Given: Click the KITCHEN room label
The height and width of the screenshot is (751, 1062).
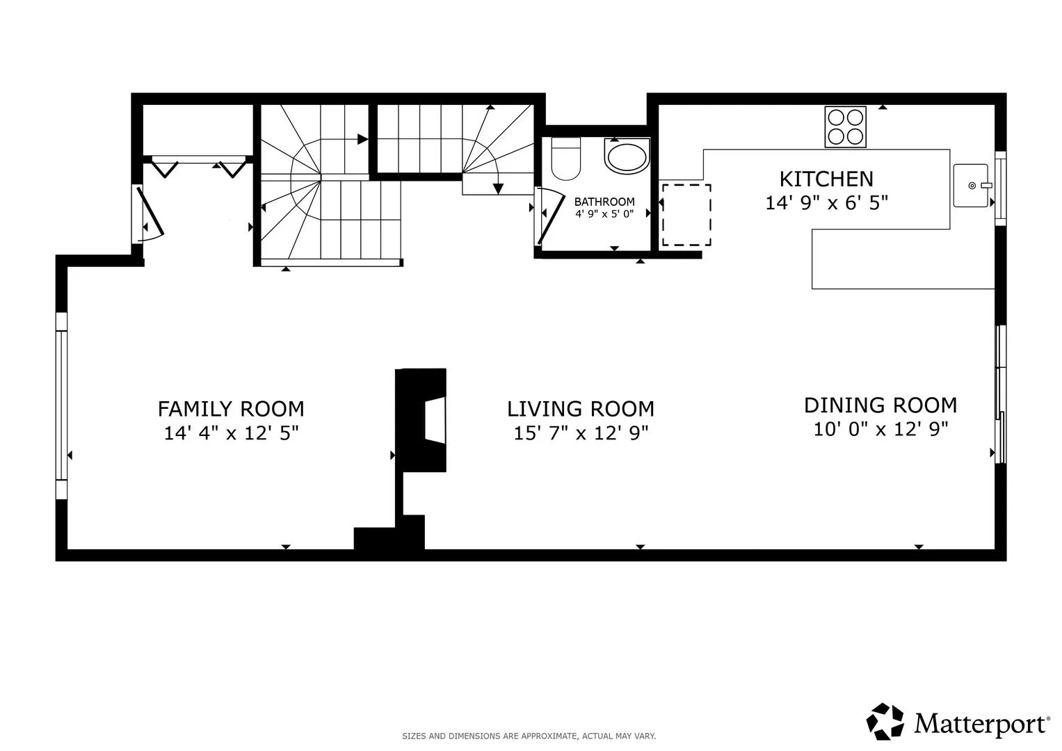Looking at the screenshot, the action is tap(826, 179).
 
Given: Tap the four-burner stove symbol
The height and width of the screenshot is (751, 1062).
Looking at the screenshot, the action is tap(845, 127).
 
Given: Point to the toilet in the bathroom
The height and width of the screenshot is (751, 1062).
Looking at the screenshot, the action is tap(566, 159).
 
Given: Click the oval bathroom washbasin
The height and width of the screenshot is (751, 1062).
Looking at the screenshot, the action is tap(627, 156).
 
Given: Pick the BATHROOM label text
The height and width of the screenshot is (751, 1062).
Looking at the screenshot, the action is tap(604, 202).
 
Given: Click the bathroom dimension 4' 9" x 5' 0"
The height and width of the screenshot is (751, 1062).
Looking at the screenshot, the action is tap(604, 214).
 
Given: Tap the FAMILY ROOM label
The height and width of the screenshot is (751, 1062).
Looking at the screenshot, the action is tap(231, 409).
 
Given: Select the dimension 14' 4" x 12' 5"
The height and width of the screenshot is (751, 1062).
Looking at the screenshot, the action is tap(232, 433).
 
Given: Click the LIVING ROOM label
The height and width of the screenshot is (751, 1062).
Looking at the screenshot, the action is tap(581, 409).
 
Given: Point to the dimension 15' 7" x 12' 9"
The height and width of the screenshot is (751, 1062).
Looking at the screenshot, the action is tap(581, 433).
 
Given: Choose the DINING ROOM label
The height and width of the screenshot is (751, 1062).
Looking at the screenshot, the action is tap(880, 405).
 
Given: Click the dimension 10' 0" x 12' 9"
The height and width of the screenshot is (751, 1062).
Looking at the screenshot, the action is tap(881, 429).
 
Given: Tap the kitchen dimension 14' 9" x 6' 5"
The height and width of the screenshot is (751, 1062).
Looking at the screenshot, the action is tap(826, 203).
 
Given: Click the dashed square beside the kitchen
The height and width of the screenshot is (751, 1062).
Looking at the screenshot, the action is tap(686, 215).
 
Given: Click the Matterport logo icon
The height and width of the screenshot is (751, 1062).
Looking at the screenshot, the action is tap(885, 721).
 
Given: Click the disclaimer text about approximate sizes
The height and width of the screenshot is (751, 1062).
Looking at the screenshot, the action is tap(529, 736).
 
